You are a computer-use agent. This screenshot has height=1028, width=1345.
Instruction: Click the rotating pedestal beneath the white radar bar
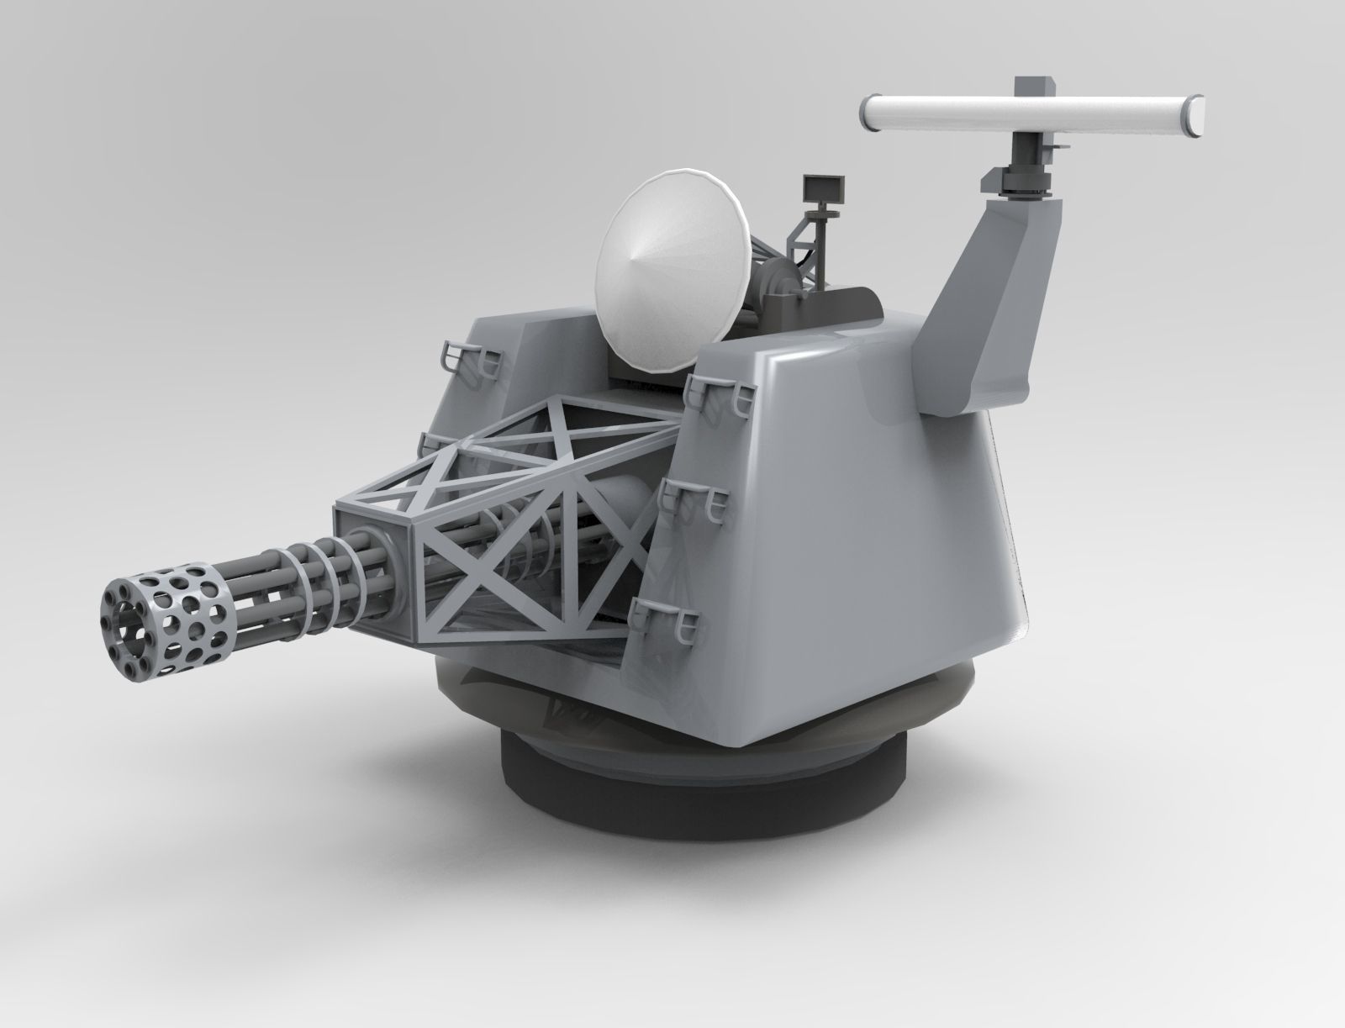click(1026, 172)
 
